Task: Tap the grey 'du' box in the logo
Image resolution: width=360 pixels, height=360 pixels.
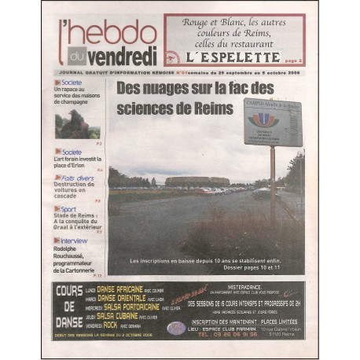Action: point(76,56)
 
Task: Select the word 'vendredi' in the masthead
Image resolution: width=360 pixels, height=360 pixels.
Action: point(121,57)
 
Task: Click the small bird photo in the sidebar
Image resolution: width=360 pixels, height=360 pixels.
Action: point(77,124)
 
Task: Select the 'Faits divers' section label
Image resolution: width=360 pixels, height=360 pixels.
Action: point(78,178)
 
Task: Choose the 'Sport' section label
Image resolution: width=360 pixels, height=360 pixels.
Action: point(69,209)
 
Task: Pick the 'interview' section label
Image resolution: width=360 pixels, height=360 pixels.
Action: point(74,241)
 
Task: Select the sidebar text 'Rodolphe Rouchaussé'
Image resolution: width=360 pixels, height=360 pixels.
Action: point(74,255)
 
